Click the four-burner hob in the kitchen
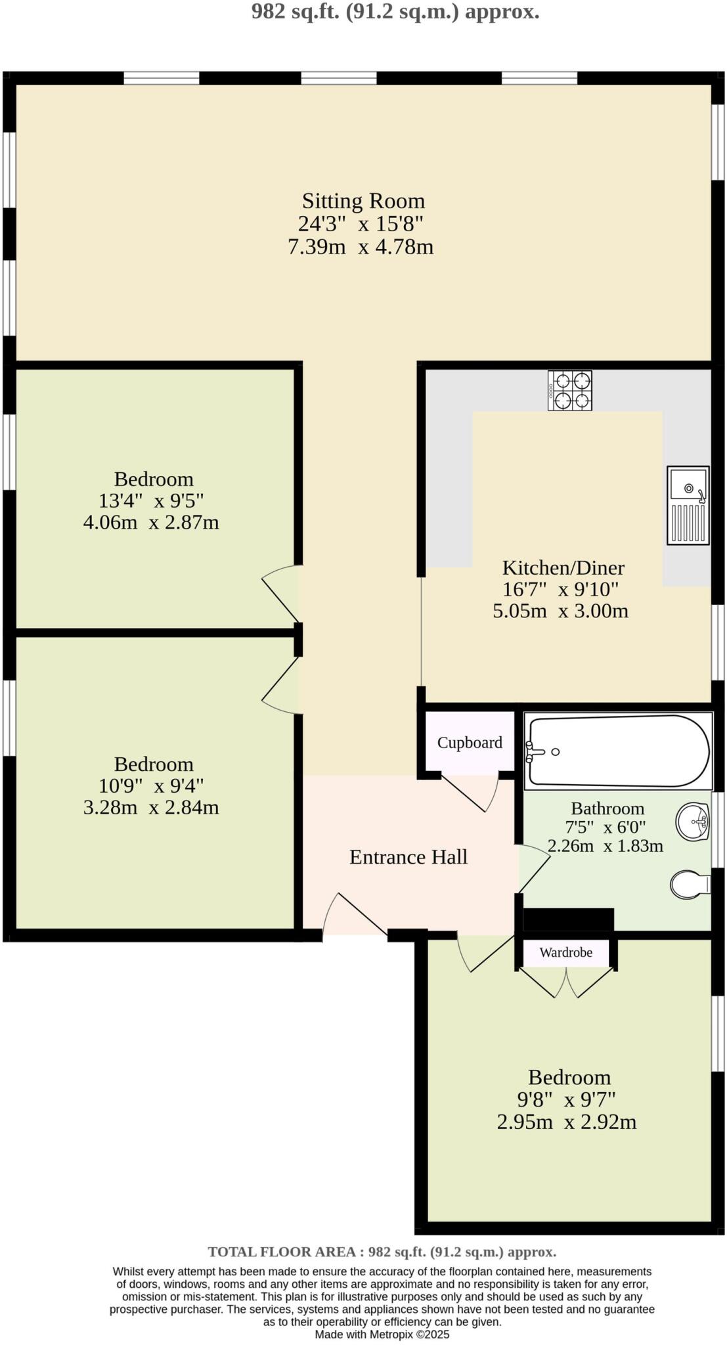pos(569,390)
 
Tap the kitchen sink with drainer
pos(688,505)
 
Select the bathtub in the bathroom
pos(617,751)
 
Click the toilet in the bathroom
pos(689,884)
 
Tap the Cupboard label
pos(470,743)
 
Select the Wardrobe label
pos(565,952)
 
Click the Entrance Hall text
pos(408,857)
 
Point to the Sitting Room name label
pos(363,201)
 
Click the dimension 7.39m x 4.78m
pos(361,248)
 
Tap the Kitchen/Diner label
pos(563,567)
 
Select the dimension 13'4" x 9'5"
pos(151,501)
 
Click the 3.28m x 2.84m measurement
pos(151,807)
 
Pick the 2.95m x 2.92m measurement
pos(566,1122)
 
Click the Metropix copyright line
pos(382,1334)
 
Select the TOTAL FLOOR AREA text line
pos(382,1252)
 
